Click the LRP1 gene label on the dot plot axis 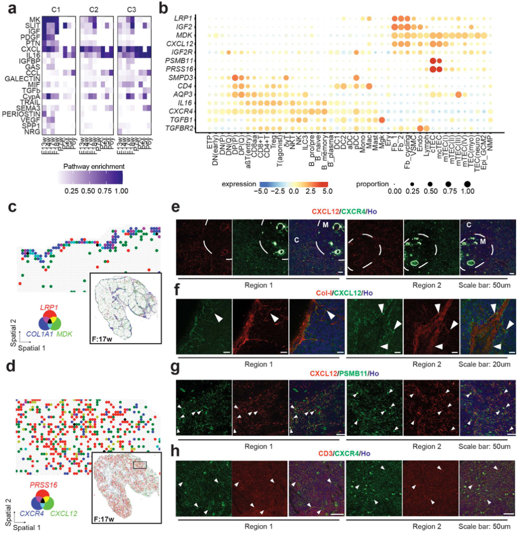[186, 19]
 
